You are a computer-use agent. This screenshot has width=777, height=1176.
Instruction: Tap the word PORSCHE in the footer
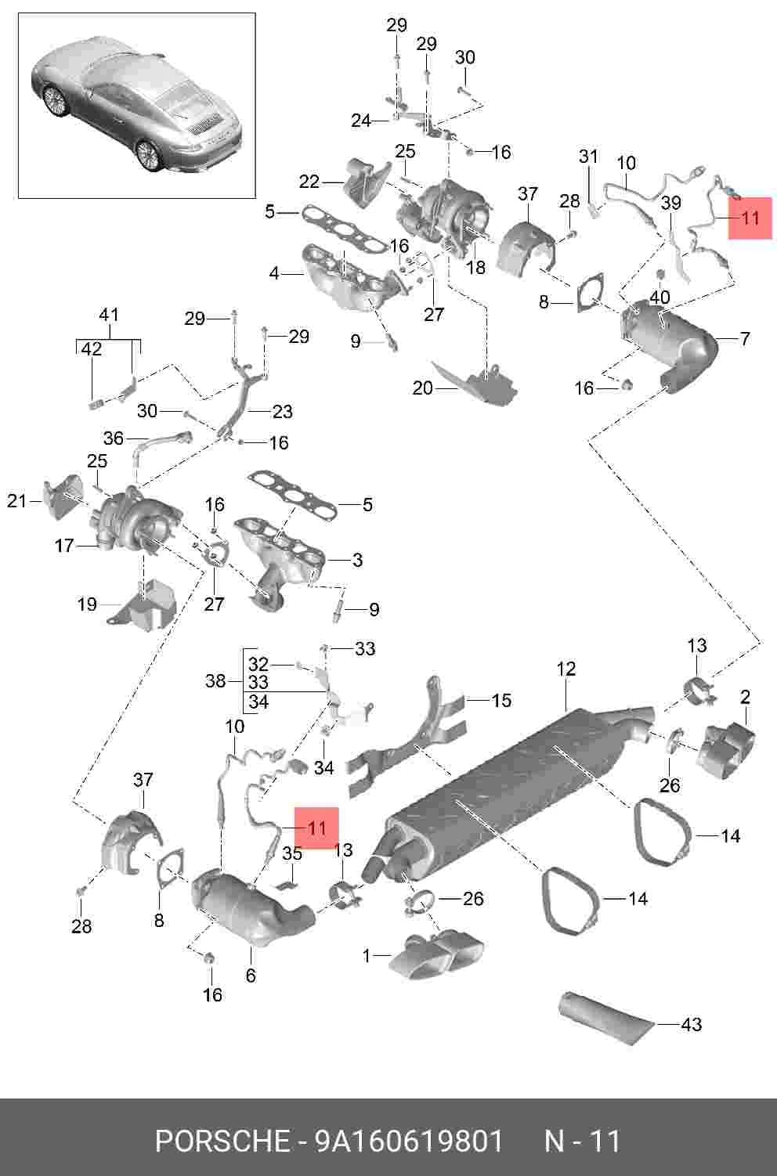(222, 1141)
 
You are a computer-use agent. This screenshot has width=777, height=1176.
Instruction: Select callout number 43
(691, 1024)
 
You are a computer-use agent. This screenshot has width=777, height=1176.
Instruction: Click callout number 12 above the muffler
(566, 669)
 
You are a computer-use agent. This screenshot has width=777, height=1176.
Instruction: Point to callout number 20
(422, 388)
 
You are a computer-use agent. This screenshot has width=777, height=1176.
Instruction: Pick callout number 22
(309, 182)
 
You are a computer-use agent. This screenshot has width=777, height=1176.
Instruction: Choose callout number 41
(109, 315)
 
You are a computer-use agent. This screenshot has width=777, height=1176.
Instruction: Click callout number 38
(215, 681)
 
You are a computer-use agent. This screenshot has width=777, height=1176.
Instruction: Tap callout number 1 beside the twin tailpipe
(367, 955)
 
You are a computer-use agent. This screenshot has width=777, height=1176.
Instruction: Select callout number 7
(745, 338)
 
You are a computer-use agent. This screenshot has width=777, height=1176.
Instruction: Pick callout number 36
(113, 438)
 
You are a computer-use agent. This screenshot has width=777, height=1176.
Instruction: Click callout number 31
(588, 156)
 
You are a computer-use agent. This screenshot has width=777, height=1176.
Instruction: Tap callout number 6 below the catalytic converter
(251, 975)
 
